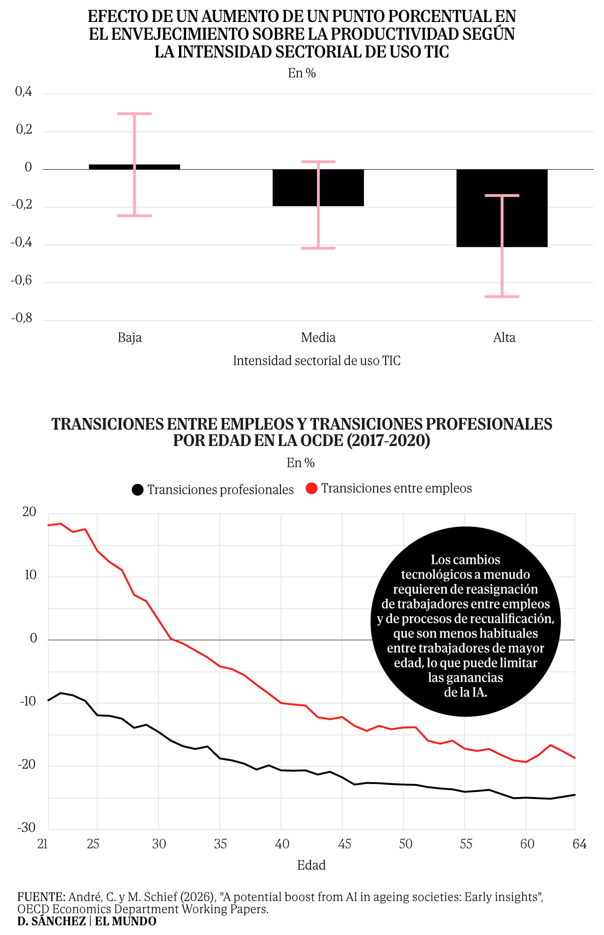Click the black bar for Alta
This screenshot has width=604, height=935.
tap(502, 208)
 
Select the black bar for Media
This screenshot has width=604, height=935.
tap(318, 187)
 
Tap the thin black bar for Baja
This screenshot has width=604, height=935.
tap(134, 167)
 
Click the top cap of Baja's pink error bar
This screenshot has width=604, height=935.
tap(134, 114)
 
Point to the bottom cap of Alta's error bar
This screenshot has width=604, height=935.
tap(502, 296)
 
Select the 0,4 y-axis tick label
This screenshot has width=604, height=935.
tap(24, 92)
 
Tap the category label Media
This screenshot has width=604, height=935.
tap(318, 338)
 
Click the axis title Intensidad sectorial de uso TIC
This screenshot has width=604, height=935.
tap(316, 361)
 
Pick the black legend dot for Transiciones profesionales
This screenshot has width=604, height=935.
tap(137, 489)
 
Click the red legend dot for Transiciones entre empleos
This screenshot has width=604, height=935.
tap(312, 489)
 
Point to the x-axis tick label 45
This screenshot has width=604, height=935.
tap(344, 844)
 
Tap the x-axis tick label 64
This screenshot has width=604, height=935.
tap(580, 844)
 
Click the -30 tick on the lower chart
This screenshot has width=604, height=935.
tap(27, 828)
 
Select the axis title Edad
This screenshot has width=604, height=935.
tap(311, 865)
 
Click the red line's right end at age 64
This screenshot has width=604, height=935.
tap(575, 758)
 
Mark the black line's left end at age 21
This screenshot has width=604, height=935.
tap(49, 700)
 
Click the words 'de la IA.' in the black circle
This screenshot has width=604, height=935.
tap(466, 692)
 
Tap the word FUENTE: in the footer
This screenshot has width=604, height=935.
tap(41, 897)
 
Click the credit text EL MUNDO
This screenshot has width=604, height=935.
tap(126, 921)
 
